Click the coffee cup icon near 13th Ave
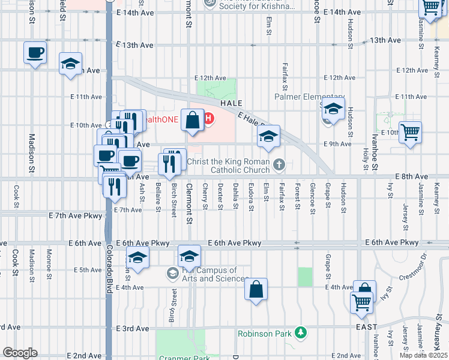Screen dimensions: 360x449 tap(35, 52)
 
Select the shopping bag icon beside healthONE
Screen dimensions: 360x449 tap(192, 121)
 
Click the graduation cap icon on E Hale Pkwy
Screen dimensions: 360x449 tap(269, 136)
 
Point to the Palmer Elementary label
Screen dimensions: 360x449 tap(309, 96)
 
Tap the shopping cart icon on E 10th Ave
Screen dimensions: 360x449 tap(410, 131)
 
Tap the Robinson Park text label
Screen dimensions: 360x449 tap(264, 334)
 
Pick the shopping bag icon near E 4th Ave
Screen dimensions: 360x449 tap(256, 290)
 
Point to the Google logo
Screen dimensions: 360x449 tap(20, 353)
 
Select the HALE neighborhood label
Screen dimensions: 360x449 tap(231, 103)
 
